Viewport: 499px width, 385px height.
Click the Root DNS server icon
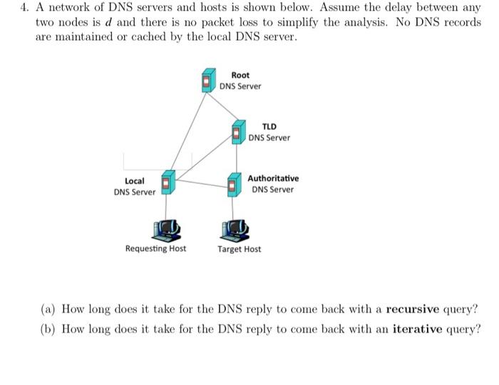[x=208, y=80]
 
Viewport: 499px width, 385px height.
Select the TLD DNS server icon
[x=238, y=131]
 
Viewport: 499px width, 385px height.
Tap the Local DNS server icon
[x=168, y=183]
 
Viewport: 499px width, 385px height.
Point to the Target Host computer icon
[x=235, y=229]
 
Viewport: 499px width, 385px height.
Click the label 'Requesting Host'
[x=155, y=249]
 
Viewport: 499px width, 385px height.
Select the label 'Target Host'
[x=240, y=249]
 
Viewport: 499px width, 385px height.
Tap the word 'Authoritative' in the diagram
[x=273, y=179]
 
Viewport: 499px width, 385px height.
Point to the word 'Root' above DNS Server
[x=240, y=75]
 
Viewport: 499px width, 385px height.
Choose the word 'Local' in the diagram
[x=135, y=181]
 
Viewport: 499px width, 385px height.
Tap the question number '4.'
[x=25, y=9]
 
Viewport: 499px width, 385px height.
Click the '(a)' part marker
[x=48, y=309]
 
